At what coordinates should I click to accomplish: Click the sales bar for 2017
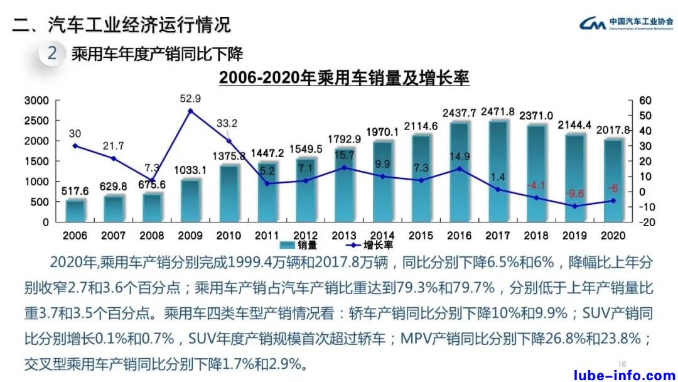click(498, 171)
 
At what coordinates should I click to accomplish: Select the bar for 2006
click(75, 210)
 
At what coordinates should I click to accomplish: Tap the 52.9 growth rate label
click(190, 99)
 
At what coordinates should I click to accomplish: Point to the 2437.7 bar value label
click(459, 113)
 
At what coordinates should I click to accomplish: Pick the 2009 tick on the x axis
click(190, 236)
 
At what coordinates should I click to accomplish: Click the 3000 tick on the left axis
click(36, 101)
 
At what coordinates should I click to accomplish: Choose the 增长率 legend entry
click(358, 244)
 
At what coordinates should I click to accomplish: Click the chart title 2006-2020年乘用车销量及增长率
click(344, 79)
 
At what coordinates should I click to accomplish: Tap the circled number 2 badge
click(52, 53)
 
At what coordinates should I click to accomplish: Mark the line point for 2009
click(190, 111)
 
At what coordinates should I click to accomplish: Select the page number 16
click(622, 364)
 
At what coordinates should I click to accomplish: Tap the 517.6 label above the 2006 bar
click(75, 191)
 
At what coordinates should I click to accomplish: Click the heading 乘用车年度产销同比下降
click(157, 53)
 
